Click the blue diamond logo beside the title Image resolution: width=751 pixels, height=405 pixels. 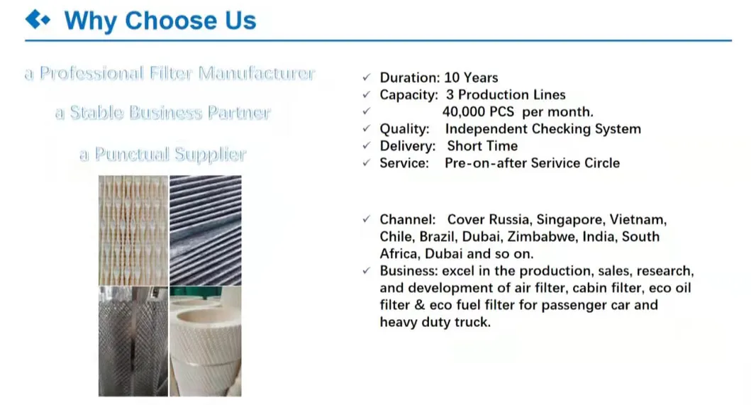point(38,20)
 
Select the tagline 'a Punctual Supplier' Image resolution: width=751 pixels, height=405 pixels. point(162,154)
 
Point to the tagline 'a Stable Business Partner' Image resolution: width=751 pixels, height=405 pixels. point(162,113)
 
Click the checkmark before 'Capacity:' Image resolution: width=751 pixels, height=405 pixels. point(366,95)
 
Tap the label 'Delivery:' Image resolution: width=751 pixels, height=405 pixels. point(407,145)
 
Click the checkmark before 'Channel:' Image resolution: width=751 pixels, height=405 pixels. point(366,220)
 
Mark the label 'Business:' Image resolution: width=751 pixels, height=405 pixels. point(409,271)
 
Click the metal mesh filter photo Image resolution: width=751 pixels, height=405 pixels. point(133,340)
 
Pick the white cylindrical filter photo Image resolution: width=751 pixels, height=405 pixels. point(205,340)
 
